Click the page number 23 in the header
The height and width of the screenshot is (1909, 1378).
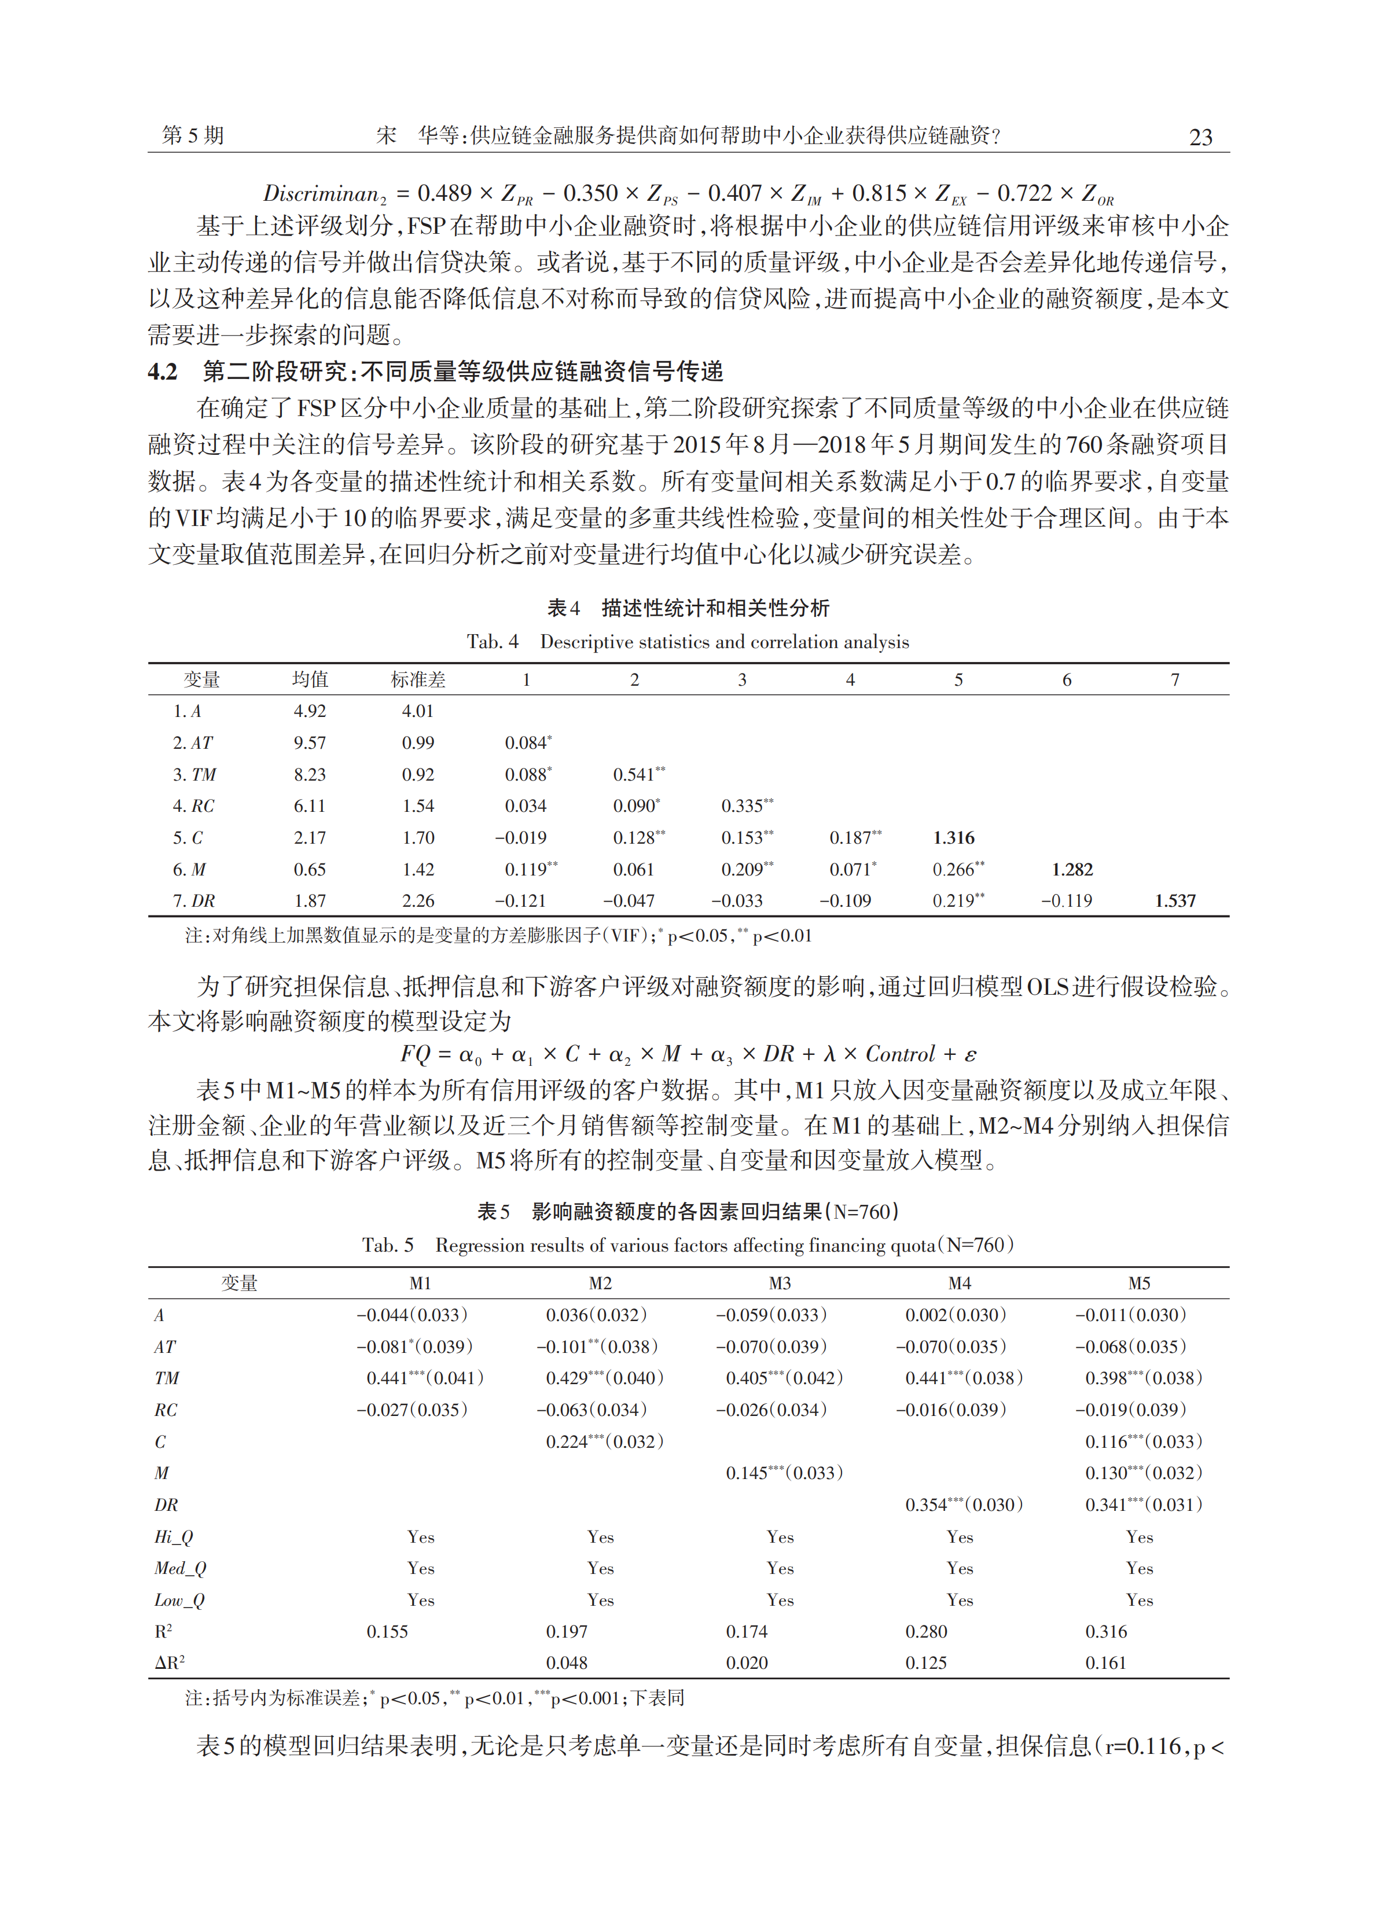coord(1200,137)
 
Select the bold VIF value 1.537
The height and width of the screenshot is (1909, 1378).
coord(1174,900)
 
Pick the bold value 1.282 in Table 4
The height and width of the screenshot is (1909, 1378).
coord(1072,870)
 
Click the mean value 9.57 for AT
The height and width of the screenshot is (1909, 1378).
coord(309,743)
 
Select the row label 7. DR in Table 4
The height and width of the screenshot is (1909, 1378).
coord(194,900)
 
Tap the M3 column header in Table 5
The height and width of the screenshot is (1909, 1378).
coord(780,1283)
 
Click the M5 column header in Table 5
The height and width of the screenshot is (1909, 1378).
coord(1139,1283)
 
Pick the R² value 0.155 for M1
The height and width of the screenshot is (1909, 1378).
coord(387,1631)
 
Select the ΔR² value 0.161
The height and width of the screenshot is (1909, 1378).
coord(1105,1663)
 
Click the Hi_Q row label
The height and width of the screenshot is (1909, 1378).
coord(174,1537)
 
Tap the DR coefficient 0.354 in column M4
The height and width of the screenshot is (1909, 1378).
coord(926,1505)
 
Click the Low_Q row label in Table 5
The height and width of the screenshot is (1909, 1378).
coord(179,1600)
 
